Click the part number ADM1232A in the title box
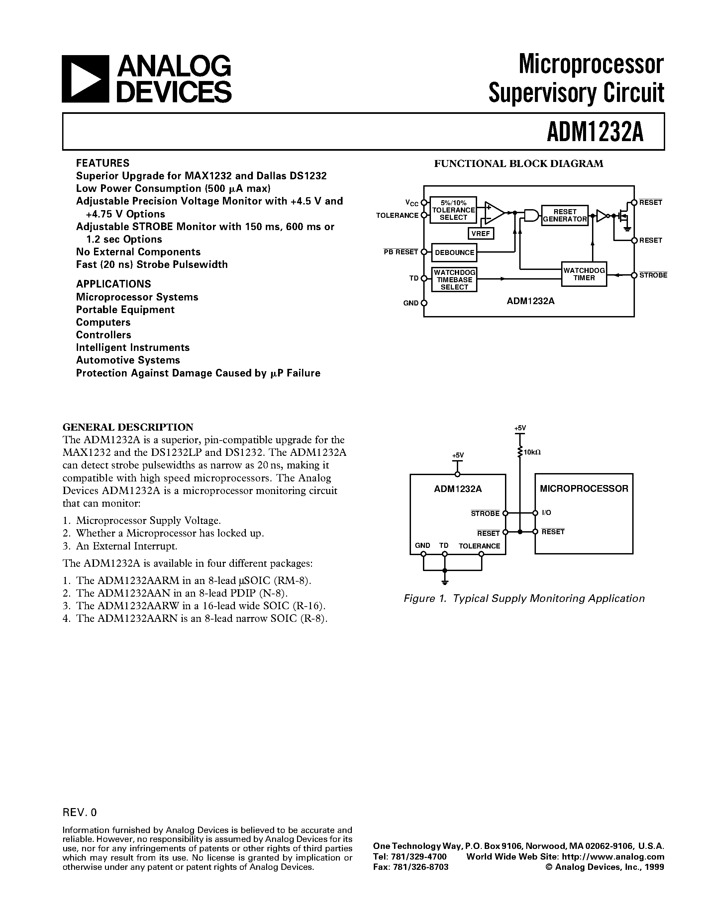pos(595,132)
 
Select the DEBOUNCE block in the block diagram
pos(454,253)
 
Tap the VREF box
pos(480,234)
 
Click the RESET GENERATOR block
pos(564,215)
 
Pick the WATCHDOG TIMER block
pos(584,274)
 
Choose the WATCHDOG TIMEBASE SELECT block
pos(454,280)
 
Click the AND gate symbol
pos(530,215)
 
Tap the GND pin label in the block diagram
pos(411,303)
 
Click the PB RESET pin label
pos(401,252)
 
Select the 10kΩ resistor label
pos(533,452)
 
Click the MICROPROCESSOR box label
pos(584,489)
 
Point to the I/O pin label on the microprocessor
pos(547,513)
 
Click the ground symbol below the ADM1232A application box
pos(445,581)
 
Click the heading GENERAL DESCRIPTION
pos(128,427)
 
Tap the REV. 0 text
pos(79,812)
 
